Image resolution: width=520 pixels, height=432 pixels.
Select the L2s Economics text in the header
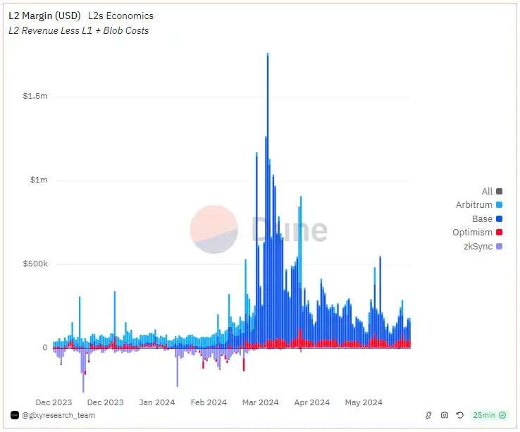tap(120, 16)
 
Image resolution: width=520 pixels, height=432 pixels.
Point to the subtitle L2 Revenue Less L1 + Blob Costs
tap(78, 30)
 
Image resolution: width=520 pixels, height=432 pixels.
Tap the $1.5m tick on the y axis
tap(35, 96)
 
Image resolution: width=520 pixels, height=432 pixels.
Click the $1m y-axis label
tap(38, 180)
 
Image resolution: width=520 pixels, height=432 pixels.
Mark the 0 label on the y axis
tap(44, 347)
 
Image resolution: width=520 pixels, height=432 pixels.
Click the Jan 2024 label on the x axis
tap(156, 402)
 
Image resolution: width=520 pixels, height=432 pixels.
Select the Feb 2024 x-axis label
tap(208, 402)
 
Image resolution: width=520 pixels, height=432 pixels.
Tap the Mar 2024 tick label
tap(260, 402)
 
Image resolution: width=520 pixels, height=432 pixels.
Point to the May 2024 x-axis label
tap(363, 402)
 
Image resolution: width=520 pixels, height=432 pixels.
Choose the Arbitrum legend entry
tap(474, 205)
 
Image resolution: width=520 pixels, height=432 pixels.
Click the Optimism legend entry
tap(472, 233)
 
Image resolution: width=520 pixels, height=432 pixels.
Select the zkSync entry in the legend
tap(478, 247)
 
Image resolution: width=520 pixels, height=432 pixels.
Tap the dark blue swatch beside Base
tap(500, 219)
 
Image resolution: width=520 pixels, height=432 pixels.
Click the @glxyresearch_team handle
tap(58, 415)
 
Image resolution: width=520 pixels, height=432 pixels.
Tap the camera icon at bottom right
tap(445, 416)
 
